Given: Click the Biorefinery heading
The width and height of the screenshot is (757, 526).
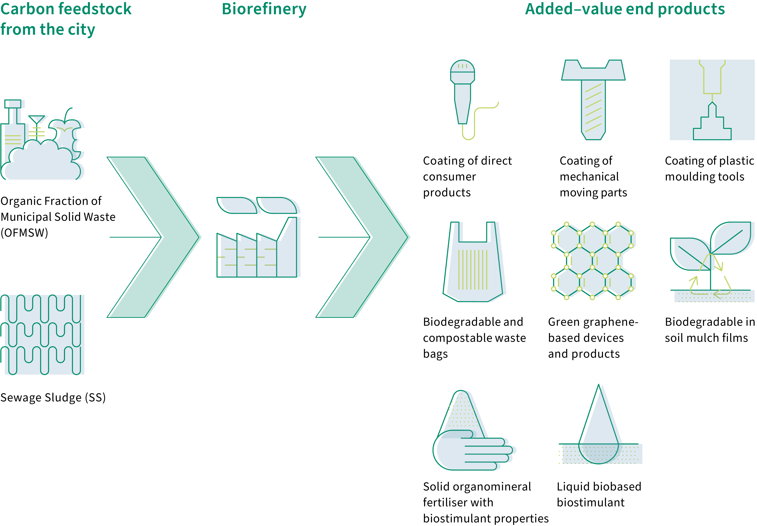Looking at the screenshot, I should click(264, 9).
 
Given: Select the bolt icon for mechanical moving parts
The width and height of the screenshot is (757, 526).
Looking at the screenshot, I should click(593, 99).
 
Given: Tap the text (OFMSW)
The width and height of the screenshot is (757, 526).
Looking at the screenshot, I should click(24, 233).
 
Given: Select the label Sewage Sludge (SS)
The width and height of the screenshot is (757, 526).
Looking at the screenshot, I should click(53, 397).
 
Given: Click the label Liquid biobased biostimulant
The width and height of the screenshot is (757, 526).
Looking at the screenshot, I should click(599, 494).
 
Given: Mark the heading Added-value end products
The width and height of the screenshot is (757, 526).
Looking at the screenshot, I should click(625, 9).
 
